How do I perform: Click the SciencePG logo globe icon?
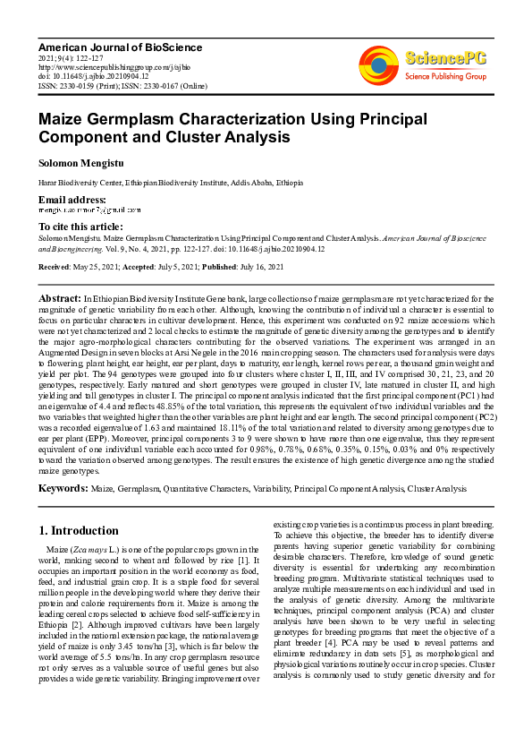click(378, 64)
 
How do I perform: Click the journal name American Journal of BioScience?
click(120, 47)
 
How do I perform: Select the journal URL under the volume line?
click(114, 67)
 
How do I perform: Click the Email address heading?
click(72, 199)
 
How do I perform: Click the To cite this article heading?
click(80, 227)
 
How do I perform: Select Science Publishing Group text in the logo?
click(445, 77)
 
